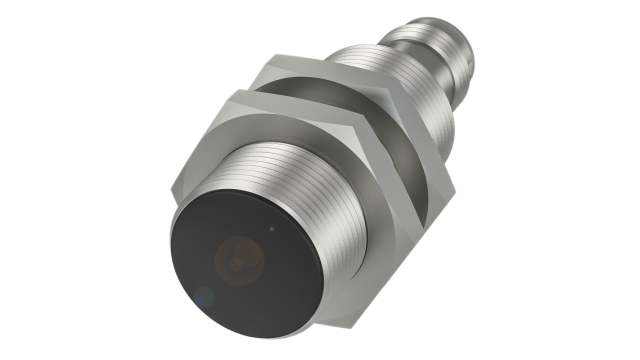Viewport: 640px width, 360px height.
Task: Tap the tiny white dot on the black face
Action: click(x=274, y=226)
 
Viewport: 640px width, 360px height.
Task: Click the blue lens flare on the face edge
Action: click(x=202, y=295)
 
